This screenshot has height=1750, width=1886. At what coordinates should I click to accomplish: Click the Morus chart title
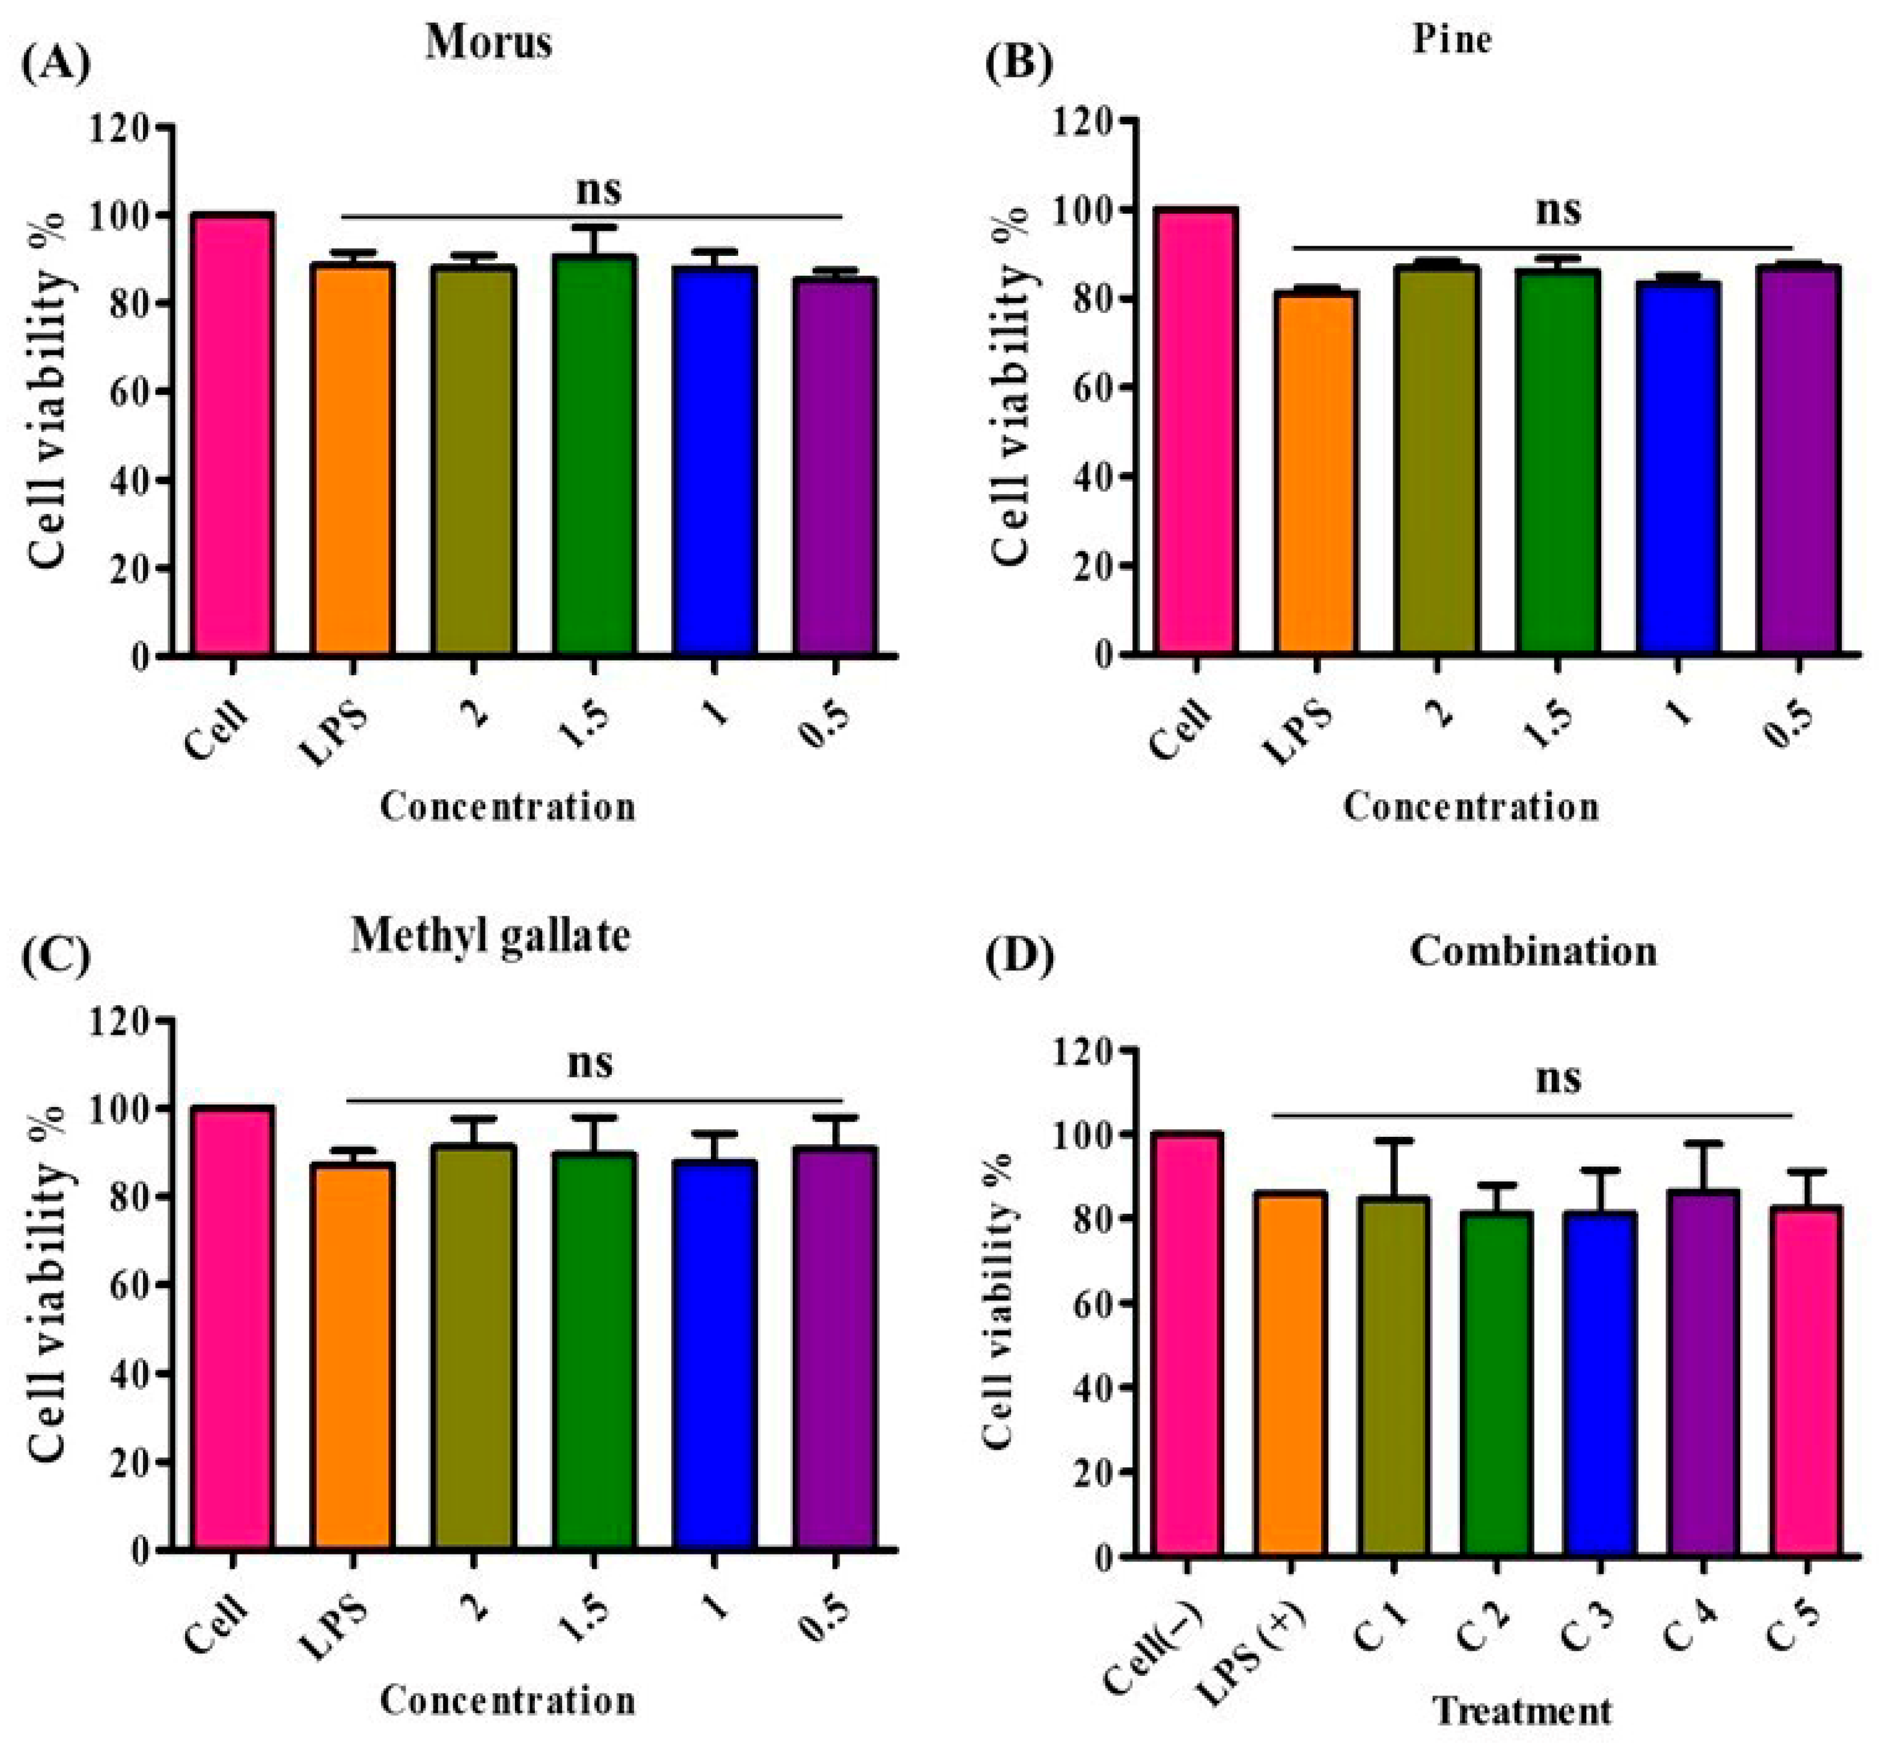[489, 43]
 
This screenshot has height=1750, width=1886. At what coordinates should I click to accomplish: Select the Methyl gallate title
[490, 937]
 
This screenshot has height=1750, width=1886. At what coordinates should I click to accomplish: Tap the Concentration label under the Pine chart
[1470, 807]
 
